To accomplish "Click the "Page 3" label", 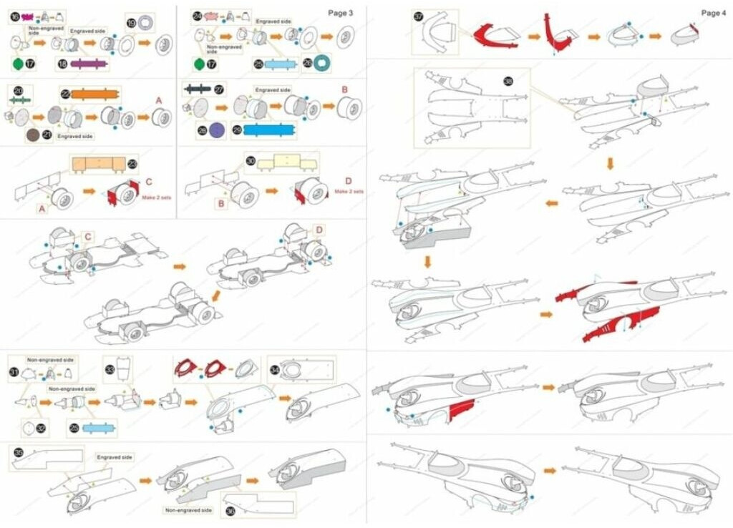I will pos(340,12).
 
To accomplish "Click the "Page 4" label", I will pos(714,13).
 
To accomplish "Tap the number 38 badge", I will pos(509,82).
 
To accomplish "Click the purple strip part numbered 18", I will pos(88,64).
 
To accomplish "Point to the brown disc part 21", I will pos(32,135).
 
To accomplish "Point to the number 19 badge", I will pos(130,24).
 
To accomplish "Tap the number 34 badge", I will pos(275,370).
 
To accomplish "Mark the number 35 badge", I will pos(18,452).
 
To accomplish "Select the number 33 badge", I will pos(110,370).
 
